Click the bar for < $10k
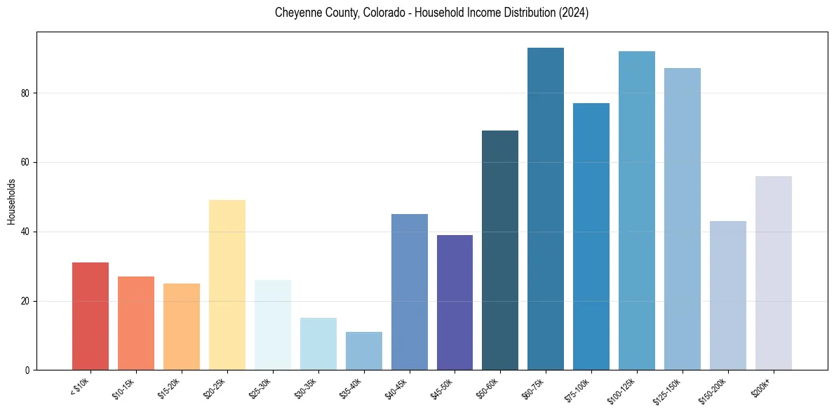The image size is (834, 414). [x=90, y=316]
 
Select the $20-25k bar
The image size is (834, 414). [x=227, y=285]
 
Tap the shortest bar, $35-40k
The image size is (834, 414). [x=364, y=351]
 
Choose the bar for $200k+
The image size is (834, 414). [x=774, y=273]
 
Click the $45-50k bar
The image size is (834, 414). [x=455, y=302]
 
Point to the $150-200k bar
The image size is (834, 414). [x=728, y=295]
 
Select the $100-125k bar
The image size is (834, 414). [x=637, y=211]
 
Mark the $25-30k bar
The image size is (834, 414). [x=273, y=325]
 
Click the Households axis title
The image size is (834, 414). [x=11, y=201]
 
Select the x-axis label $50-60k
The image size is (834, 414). [x=489, y=388]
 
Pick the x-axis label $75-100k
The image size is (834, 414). [x=579, y=389]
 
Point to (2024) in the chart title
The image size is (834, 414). [x=574, y=13]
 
